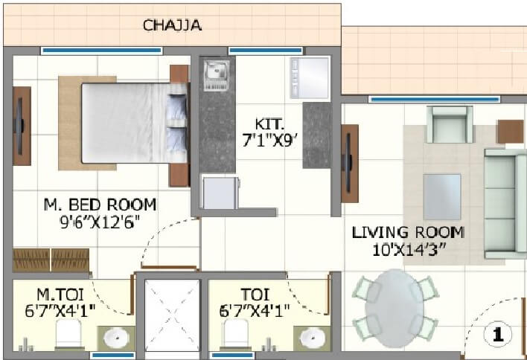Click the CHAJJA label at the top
172,26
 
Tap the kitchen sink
217,72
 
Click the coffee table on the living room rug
441,195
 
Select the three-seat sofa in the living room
506,203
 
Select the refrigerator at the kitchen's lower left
221,193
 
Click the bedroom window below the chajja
101,51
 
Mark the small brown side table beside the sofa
511,132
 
